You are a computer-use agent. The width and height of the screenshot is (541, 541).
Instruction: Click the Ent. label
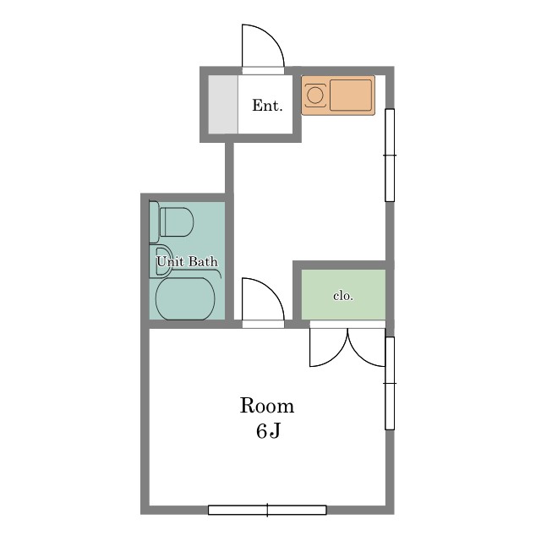(267, 105)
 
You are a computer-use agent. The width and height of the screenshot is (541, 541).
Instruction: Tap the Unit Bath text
(188, 261)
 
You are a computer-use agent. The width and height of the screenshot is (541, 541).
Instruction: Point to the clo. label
(343, 296)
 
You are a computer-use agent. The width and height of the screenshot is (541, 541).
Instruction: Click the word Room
(267, 406)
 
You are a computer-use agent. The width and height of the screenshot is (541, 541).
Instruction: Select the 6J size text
(268, 430)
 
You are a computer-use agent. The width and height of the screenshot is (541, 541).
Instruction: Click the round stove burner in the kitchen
(315, 95)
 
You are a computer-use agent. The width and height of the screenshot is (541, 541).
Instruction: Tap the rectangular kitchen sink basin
(351, 96)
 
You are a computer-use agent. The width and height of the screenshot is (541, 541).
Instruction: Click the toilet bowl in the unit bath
(177, 221)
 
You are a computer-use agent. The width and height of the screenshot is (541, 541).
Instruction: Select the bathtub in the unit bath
(185, 298)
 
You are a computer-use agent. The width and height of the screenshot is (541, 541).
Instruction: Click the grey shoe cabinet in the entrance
(223, 104)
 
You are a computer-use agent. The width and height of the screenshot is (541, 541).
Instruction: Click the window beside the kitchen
(390, 156)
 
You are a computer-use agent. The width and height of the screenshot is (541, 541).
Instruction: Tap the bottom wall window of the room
(267, 511)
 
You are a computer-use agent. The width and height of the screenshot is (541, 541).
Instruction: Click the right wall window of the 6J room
(390, 383)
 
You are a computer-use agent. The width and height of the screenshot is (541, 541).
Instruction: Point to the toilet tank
(154, 222)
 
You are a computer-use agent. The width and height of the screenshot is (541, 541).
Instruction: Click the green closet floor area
(343, 294)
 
